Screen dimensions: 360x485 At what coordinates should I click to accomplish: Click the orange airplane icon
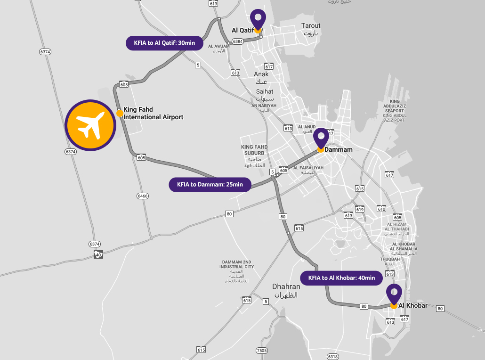pyautogui.click(x=90, y=125)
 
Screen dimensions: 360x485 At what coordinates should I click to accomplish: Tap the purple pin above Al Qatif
pyautogui.click(x=258, y=19)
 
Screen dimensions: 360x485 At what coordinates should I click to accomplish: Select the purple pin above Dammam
pyautogui.click(x=321, y=138)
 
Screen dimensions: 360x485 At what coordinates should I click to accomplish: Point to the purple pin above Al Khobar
pyautogui.click(x=394, y=294)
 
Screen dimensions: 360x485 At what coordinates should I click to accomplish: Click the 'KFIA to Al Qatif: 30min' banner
pyautogui.click(x=164, y=43)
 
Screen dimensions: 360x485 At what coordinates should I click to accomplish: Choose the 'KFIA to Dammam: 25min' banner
pyautogui.click(x=210, y=184)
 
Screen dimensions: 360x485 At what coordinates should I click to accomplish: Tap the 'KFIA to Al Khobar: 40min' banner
pyautogui.click(x=341, y=278)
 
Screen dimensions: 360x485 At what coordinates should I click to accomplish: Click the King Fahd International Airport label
pyautogui.click(x=153, y=114)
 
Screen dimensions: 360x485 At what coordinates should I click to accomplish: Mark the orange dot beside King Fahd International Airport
pyautogui.click(x=120, y=113)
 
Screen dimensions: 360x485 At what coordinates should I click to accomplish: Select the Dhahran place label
pyautogui.click(x=286, y=290)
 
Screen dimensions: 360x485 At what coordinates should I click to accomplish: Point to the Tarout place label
pyautogui.click(x=311, y=29)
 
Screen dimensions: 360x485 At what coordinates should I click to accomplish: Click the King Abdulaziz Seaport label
pyautogui.click(x=394, y=111)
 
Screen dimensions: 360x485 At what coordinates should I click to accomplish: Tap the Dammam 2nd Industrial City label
pyautogui.click(x=236, y=271)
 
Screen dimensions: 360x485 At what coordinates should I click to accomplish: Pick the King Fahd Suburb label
pyautogui.click(x=254, y=156)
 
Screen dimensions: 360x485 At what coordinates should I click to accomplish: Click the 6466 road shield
pyautogui.click(x=143, y=196)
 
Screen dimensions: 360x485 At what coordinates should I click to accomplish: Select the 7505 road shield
pyautogui.click(x=262, y=351)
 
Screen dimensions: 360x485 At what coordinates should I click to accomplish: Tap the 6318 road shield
pyautogui.click(x=333, y=357)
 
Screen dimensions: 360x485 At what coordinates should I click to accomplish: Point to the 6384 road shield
pyautogui.click(x=238, y=41)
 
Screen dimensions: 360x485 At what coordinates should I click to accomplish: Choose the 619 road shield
pyautogui.click(x=360, y=209)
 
